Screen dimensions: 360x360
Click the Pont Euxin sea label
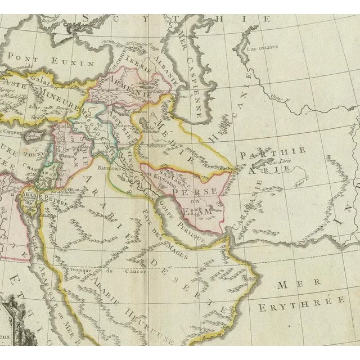pos(35,57)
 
